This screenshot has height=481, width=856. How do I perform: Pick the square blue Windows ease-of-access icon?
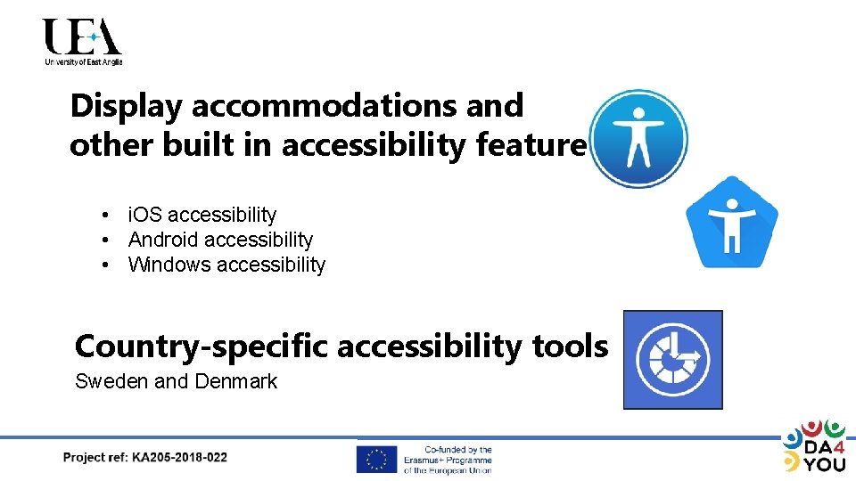point(672,360)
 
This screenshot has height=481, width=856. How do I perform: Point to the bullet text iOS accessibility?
point(202,215)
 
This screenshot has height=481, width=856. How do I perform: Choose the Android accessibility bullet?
point(220,240)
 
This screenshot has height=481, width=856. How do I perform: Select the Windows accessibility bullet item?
point(226,265)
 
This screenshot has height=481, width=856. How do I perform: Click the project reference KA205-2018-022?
point(179,458)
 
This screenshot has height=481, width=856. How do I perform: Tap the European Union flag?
point(376,459)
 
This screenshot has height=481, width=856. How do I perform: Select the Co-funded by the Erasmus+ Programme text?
point(457,460)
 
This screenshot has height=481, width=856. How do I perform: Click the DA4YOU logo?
point(813,445)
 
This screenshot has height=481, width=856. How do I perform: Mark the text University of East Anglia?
point(83,61)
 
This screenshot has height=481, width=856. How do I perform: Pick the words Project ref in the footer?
point(95,458)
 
